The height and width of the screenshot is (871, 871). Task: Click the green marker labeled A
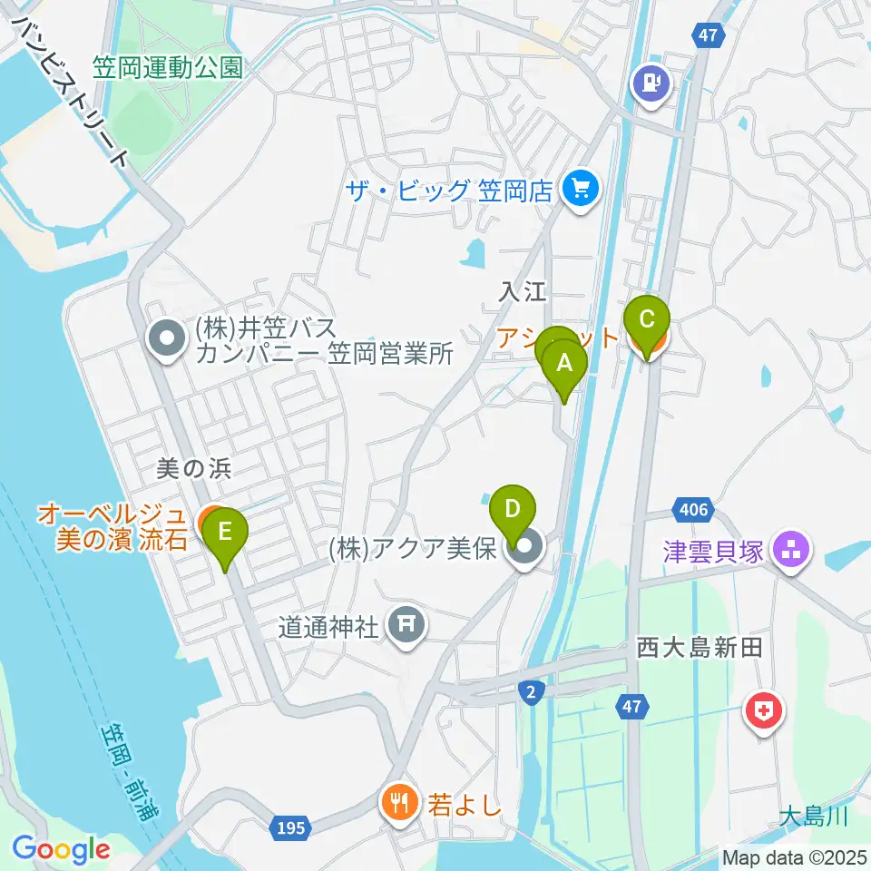coord(564,365)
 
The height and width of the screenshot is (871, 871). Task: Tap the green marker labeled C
coord(647,320)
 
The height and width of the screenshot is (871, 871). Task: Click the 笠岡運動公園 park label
coord(168,67)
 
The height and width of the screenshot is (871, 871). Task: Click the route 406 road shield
coord(691,510)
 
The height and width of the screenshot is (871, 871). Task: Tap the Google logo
coord(60,849)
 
